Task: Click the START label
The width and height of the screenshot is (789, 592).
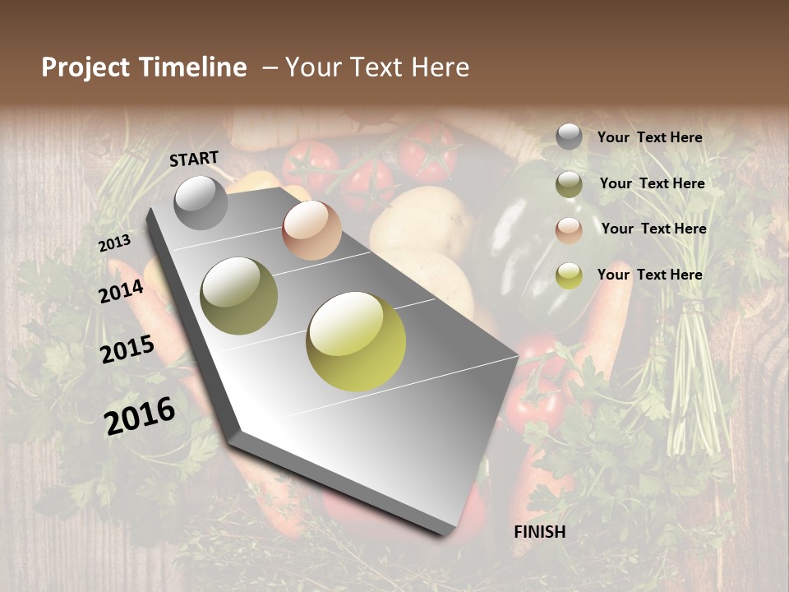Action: (194, 159)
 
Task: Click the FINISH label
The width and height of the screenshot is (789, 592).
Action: (540, 532)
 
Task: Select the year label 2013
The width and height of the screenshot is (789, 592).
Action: (114, 243)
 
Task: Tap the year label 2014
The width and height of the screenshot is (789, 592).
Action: (121, 291)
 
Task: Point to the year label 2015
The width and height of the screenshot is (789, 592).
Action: (127, 349)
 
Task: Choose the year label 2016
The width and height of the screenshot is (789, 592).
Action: (140, 415)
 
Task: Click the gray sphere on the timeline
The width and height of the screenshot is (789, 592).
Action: (201, 202)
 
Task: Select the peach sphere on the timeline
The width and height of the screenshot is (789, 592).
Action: (311, 230)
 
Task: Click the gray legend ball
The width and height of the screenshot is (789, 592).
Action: (569, 137)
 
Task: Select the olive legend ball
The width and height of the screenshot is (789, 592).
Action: (569, 184)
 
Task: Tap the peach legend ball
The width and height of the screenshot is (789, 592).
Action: (569, 230)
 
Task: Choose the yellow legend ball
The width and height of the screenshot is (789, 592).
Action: (569, 275)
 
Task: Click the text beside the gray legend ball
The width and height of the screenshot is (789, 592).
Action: (649, 138)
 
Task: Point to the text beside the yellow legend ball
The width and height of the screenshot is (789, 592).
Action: (649, 275)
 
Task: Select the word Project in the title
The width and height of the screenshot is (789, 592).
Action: (85, 67)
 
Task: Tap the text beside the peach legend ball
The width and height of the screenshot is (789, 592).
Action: (653, 229)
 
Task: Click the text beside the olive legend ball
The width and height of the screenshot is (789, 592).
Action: (652, 183)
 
